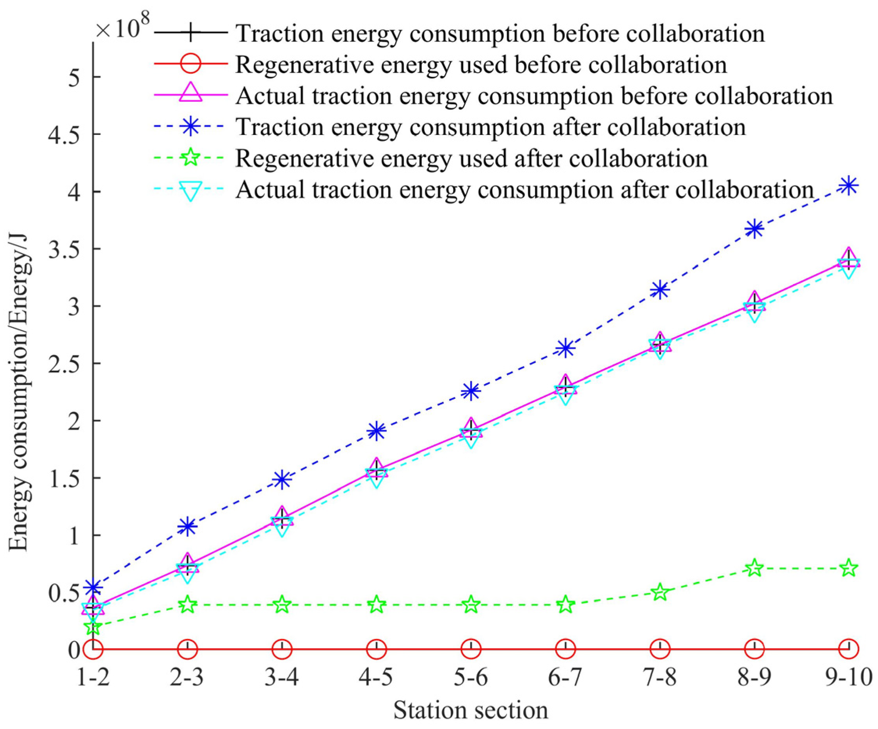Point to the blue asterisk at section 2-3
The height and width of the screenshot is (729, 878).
point(187,526)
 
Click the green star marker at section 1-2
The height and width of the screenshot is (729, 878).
point(93,626)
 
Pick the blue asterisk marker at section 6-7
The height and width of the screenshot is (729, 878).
point(565,348)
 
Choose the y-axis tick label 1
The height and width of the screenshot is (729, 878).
point(75,535)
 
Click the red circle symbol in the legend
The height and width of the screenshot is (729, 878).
point(191,64)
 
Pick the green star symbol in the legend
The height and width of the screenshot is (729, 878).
point(191,158)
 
